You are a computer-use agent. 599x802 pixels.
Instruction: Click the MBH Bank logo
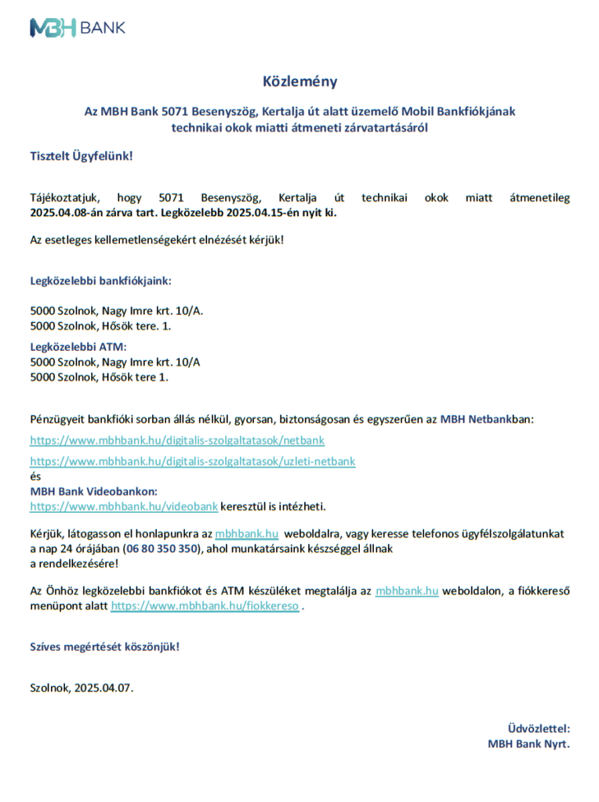coord(77,28)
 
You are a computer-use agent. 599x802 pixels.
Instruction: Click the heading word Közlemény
coord(299,81)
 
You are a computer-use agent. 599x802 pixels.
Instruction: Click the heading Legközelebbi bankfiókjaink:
coord(100,280)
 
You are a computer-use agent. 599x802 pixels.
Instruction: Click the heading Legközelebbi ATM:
coord(78,346)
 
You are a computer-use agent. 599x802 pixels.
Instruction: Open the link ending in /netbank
coord(177,440)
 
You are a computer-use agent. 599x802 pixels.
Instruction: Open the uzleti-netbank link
coord(193,461)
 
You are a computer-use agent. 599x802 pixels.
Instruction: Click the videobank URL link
coord(124,506)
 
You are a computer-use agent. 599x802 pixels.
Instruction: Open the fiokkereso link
coord(205,605)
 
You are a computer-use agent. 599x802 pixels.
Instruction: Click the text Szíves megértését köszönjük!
coord(104,647)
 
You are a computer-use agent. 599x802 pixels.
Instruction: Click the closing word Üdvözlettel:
coord(539,728)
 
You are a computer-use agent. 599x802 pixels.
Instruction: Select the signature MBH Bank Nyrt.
coord(528,744)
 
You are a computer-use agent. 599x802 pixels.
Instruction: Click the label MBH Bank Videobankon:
coord(93,491)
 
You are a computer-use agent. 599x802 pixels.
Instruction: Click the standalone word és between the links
coord(35,476)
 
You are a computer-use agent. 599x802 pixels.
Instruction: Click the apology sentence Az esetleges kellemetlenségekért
coord(157,238)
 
